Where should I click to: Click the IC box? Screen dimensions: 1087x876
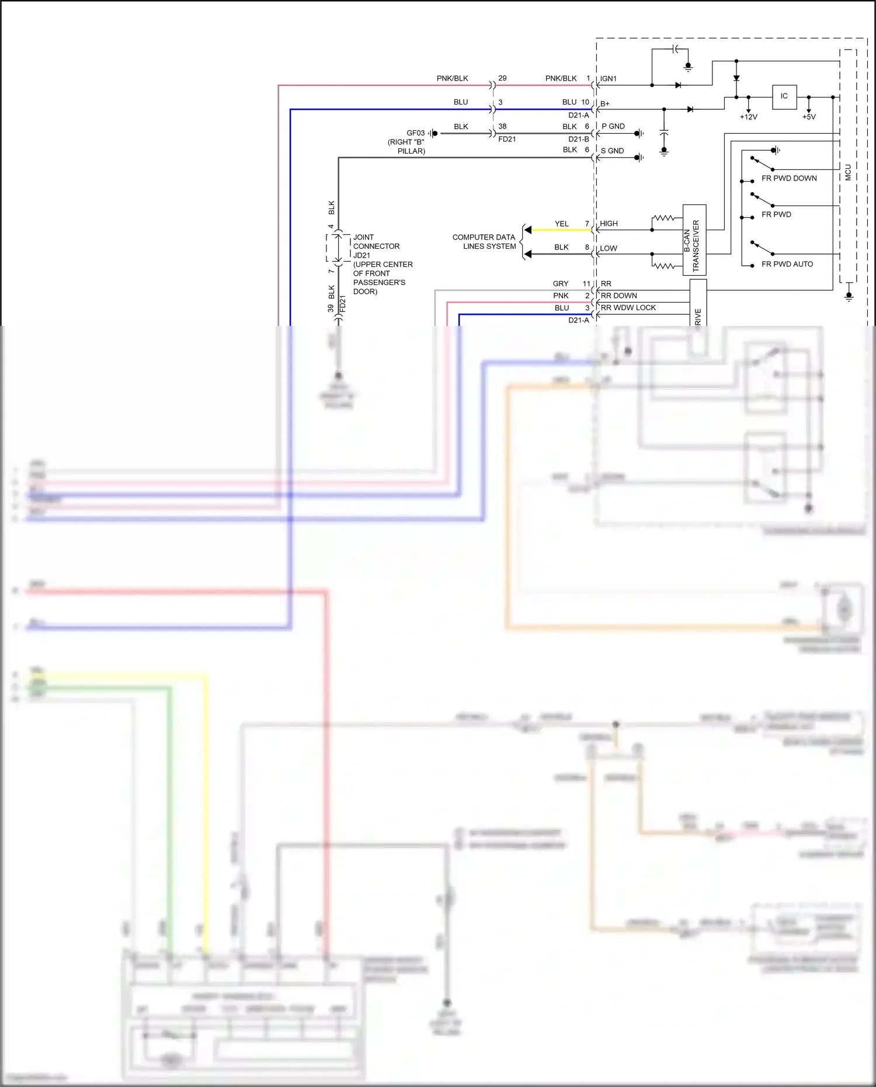pyautogui.click(x=784, y=96)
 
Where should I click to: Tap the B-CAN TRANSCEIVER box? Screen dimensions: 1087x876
pyautogui.click(x=694, y=240)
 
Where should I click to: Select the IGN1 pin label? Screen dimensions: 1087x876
pyautogui.click(x=608, y=79)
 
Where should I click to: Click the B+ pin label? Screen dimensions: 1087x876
pyautogui.click(x=605, y=104)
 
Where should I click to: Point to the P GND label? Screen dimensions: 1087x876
pyautogui.click(x=613, y=127)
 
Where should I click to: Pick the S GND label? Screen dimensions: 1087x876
pyautogui.click(x=612, y=151)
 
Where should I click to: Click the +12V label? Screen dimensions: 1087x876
pyautogui.click(x=748, y=117)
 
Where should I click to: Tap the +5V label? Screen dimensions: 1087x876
pyautogui.click(x=809, y=117)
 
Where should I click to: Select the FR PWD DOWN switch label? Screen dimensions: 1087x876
pyautogui.click(x=789, y=179)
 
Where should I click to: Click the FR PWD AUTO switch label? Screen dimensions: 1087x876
pyautogui.click(x=787, y=265)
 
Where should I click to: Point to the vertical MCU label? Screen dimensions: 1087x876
pyautogui.click(x=848, y=172)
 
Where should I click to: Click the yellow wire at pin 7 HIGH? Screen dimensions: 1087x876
pyautogui.click(x=561, y=230)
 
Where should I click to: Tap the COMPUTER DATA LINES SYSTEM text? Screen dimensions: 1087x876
pyautogui.click(x=484, y=242)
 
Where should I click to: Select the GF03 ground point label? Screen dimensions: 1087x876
pyautogui.click(x=415, y=133)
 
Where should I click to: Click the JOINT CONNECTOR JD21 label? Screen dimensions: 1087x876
pyautogui.click(x=376, y=246)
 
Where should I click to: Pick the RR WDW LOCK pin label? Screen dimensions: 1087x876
pyautogui.click(x=628, y=308)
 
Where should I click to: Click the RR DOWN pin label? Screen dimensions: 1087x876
pyautogui.click(x=618, y=296)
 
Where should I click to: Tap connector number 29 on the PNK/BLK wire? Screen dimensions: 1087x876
pyautogui.click(x=502, y=78)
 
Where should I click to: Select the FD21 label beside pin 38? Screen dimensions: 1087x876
pyautogui.click(x=507, y=140)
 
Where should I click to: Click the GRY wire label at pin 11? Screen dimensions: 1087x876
pyautogui.click(x=561, y=284)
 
